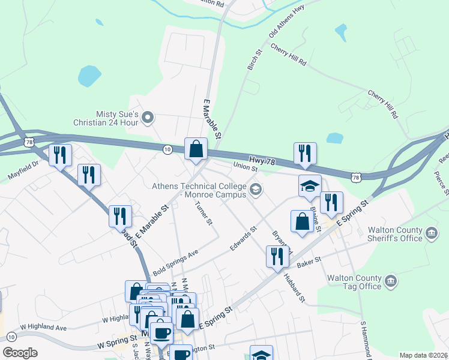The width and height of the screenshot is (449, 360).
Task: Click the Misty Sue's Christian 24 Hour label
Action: coord(118,118)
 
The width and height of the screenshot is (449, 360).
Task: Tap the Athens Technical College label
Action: coord(199,190)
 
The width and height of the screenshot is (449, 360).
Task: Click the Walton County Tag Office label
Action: coord(354,282)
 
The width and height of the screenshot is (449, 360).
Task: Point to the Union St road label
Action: coord(245,165)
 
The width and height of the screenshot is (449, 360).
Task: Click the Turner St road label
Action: coord(204,213)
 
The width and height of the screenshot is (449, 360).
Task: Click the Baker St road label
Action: coord(310,262)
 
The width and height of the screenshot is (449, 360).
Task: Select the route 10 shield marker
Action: coord(167,149)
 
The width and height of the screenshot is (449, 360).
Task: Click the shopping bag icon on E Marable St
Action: coord(196,149)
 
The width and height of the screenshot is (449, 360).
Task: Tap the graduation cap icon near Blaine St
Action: coord(310,185)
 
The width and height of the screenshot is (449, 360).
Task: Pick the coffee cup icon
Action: coord(161,331)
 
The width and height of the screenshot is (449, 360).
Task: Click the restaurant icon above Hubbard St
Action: coord(277,256)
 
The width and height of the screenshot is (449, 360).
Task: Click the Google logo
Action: coord(19,352)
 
